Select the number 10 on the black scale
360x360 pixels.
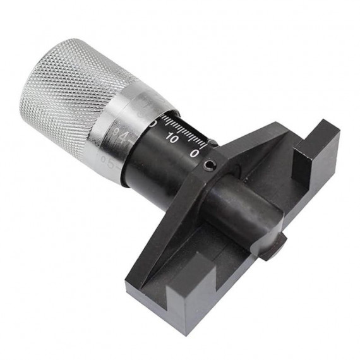click(x=171, y=138)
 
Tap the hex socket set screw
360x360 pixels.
click(x=209, y=166)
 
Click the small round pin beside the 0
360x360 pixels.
click(x=213, y=143)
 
